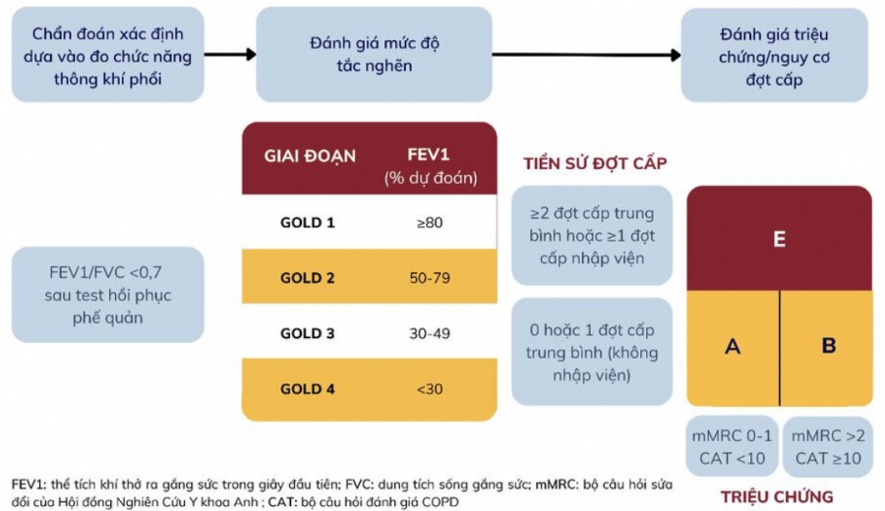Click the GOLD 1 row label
click(x=308, y=223)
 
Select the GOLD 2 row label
click(x=308, y=278)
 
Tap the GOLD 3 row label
click(x=308, y=334)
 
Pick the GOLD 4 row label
click(x=308, y=389)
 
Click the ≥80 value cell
click(x=430, y=223)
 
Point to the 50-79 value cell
click(x=430, y=278)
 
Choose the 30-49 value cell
click(x=430, y=334)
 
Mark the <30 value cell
click(x=430, y=389)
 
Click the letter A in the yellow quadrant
click(x=732, y=346)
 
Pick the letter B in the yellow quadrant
click(x=828, y=346)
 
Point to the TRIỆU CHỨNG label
click(x=777, y=496)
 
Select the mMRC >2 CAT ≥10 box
click(x=827, y=447)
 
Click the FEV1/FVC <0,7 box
click(x=107, y=294)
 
